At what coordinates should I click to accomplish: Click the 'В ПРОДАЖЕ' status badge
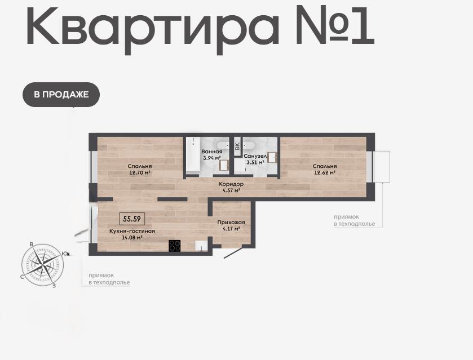[61, 95]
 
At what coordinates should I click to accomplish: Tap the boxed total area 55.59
[132, 219]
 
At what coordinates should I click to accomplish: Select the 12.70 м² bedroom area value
[140, 173]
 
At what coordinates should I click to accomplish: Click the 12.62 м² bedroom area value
[325, 173]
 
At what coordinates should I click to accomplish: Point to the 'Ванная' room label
[212, 152]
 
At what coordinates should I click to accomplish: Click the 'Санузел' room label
[255, 156]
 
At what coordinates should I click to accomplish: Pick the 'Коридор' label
[231, 184]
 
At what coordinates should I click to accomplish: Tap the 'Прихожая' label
[231, 223]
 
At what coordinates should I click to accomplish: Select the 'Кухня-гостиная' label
[132, 231]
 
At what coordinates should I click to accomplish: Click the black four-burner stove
[175, 246]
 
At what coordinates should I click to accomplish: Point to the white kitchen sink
[200, 246]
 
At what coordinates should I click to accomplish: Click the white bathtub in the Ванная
[192, 155]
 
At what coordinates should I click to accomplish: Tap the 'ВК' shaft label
[237, 147]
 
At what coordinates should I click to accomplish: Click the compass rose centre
[42, 265]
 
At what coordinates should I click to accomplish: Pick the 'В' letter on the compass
[31, 244]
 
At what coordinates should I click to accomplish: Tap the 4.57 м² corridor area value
[231, 190]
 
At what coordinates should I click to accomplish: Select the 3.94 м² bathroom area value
[212, 158]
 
